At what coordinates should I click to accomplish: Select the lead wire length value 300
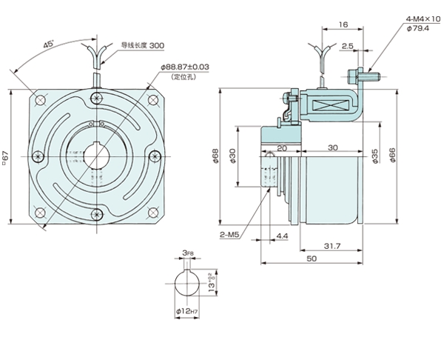155,45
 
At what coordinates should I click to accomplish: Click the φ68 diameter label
215,156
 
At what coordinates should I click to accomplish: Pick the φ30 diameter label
232,156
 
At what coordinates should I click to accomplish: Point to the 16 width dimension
342,25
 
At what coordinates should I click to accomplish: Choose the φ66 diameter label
393,156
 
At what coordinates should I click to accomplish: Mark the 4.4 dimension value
282,236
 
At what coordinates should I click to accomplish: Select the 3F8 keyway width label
186,254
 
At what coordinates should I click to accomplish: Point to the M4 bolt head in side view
353,76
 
